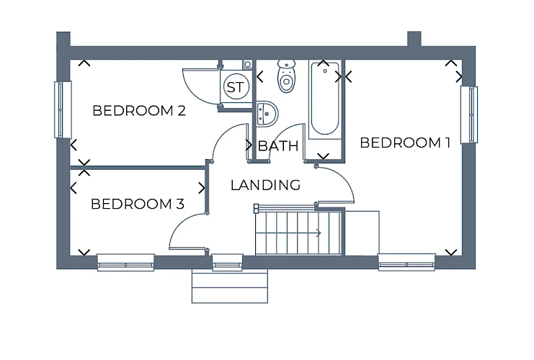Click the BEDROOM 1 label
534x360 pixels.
click(x=405, y=143)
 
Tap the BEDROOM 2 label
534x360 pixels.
click(x=139, y=111)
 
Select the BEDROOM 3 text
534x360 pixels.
click(x=138, y=204)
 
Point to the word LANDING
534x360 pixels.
click(x=265, y=185)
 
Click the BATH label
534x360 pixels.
click(x=278, y=146)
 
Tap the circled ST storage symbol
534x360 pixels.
click(x=236, y=87)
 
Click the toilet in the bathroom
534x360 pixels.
click(x=286, y=76)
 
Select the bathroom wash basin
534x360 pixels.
click(x=267, y=114)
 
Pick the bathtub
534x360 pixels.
click(x=325, y=99)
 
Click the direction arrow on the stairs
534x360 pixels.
click(x=288, y=233)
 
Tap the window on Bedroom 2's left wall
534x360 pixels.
click(x=63, y=109)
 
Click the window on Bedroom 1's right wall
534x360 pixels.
click(x=469, y=114)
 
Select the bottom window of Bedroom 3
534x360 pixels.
click(x=125, y=262)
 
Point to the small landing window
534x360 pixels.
click(x=228, y=262)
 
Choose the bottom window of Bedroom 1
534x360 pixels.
click(x=406, y=262)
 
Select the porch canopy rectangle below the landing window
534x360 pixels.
click(x=230, y=287)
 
